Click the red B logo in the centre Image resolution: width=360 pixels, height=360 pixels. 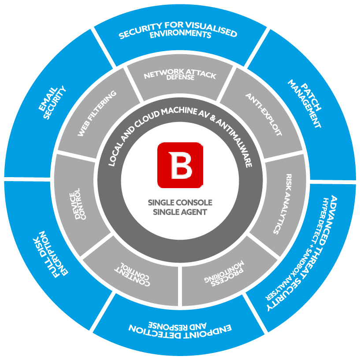pos(180,164)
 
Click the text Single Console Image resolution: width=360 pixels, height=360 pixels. pos(180,203)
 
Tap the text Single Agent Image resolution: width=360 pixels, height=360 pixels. pos(180,212)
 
